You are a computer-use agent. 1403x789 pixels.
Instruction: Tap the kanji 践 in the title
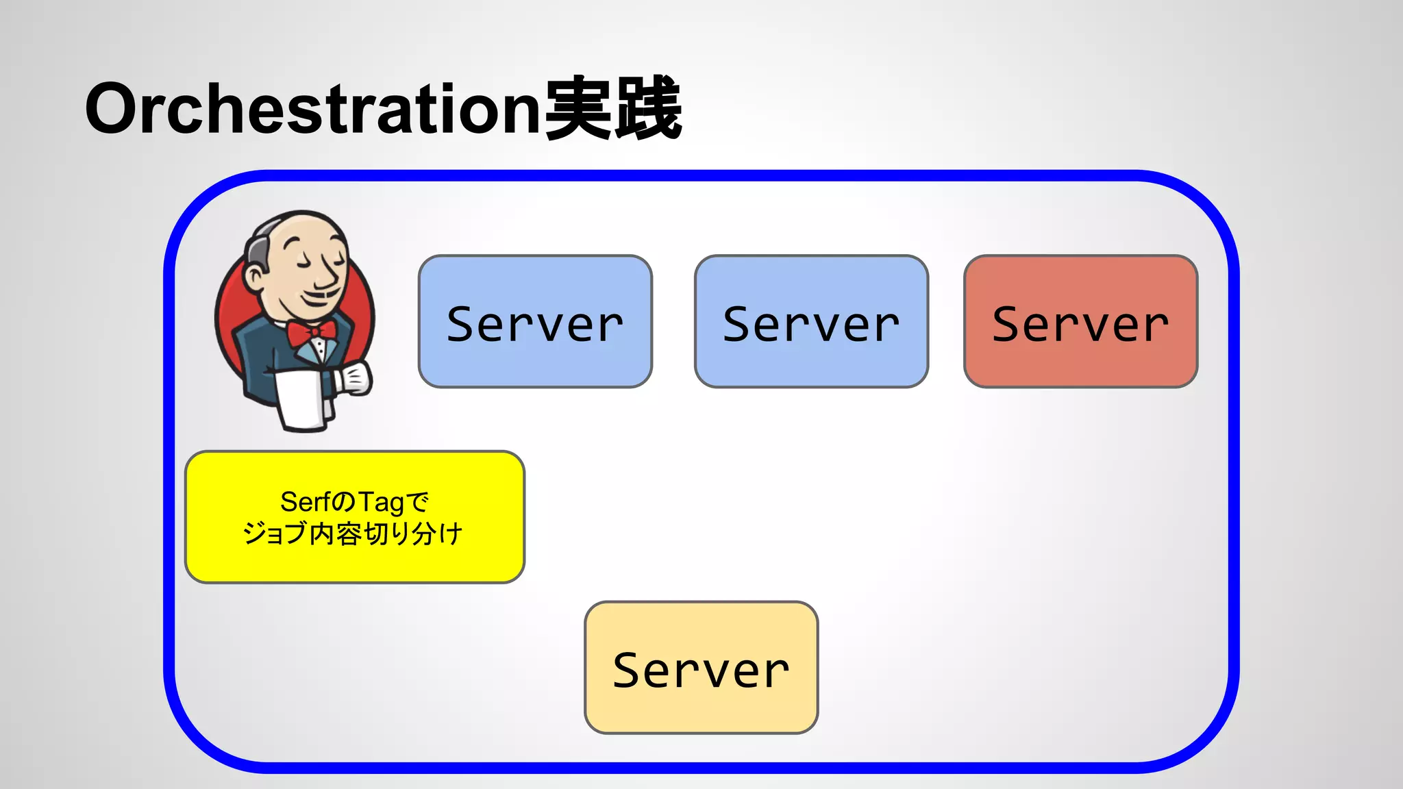pos(647,108)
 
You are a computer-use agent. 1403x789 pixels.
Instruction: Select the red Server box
pos(1080,322)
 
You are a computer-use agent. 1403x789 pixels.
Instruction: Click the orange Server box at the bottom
pos(701,668)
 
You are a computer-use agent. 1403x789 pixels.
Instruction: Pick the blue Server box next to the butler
pos(535,322)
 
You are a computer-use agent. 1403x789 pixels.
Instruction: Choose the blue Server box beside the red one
pos(811,322)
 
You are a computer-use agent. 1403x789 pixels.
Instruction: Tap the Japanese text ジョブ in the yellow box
pos(273,534)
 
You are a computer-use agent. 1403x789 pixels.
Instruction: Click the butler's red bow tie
pos(312,333)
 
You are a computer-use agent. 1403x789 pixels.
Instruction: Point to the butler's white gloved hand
pos(355,379)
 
